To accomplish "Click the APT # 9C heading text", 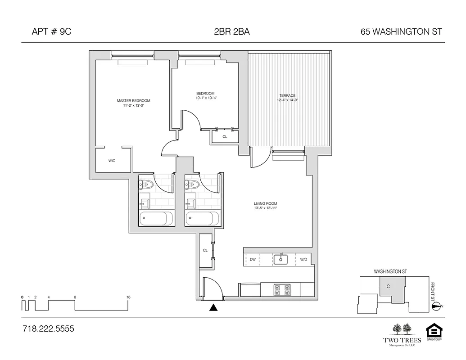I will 52,31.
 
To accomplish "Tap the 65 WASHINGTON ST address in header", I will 401,31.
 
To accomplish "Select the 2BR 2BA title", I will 232,31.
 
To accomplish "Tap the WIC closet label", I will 112,161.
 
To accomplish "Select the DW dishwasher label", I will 253,259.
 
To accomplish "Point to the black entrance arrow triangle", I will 214,308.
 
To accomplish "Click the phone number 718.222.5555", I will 48,329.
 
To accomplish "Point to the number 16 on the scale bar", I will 128,297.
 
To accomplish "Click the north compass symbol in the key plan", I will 436,306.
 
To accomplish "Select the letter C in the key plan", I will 388,285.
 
